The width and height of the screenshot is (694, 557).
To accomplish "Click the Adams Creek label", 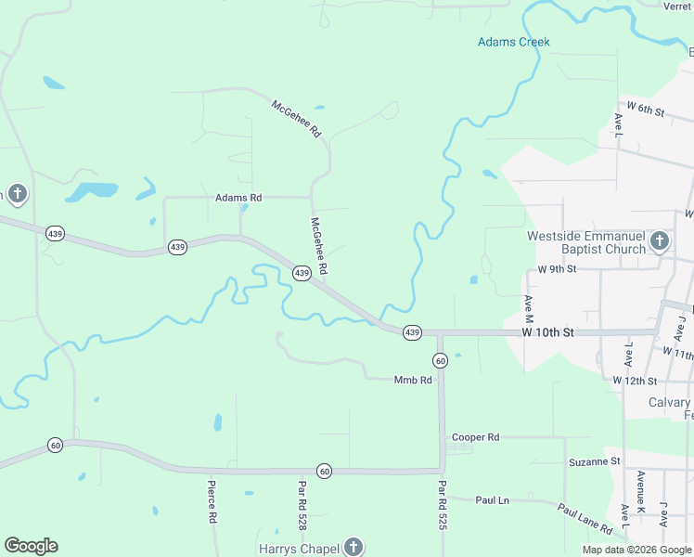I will pyautogui.click(x=513, y=42).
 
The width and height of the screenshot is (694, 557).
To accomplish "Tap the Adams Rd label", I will pyautogui.click(x=238, y=198).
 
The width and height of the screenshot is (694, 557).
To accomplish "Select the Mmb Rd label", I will pyautogui.click(x=413, y=380).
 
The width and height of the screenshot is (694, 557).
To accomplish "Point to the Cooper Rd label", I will pyautogui.click(x=475, y=436).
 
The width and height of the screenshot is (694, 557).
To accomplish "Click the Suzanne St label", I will pyautogui.click(x=594, y=460).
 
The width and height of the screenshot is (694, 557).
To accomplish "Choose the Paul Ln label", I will pyautogui.click(x=492, y=500).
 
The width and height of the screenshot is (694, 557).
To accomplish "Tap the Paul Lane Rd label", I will pyautogui.click(x=585, y=519).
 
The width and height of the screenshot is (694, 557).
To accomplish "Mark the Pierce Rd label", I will pyautogui.click(x=212, y=501).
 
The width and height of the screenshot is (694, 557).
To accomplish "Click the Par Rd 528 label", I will pyautogui.click(x=302, y=505).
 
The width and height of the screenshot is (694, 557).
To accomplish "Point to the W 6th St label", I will pyautogui.click(x=646, y=110).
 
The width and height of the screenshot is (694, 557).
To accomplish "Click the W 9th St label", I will pyautogui.click(x=557, y=269).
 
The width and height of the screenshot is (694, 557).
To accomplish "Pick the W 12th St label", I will pyautogui.click(x=635, y=381).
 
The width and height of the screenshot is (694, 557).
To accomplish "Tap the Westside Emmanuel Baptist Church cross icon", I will pyautogui.click(x=659, y=242).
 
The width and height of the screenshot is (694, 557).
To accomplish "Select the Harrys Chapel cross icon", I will pyautogui.click(x=353, y=547).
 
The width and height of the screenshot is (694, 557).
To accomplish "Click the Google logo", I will pyautogui.click(x=31, y=546).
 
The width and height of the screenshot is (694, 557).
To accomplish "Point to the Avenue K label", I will pyautogui.click(x=640, y=492).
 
